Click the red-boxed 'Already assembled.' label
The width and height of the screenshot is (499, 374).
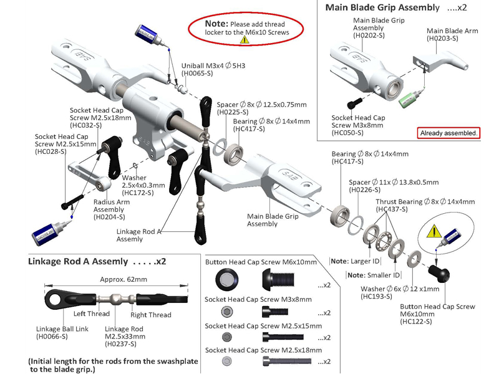(x=448, y=133)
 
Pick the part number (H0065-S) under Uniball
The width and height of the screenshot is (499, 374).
(x=198, y=74)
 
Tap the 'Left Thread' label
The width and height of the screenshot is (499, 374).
(x=91, y=314)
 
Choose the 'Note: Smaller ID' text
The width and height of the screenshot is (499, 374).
(x=372, y=275)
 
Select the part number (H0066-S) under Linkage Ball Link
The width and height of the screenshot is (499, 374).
(x=52, y=337)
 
